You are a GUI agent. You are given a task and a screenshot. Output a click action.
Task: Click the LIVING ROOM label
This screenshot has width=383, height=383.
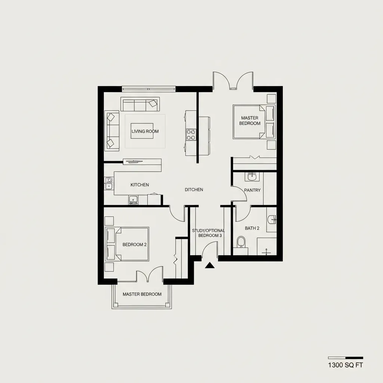tap(145, 131)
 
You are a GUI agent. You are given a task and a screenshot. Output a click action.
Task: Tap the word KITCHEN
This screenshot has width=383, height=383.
tap(140, 185)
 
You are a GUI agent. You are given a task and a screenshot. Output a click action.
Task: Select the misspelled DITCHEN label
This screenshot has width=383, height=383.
tap(194, 190)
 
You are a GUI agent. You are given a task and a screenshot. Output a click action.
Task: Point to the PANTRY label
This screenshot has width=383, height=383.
tap(252, 190)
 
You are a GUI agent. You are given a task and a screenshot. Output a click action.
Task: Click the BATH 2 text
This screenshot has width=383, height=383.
tap(252, 228)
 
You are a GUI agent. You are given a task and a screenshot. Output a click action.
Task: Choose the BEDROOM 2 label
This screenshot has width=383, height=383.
tap(134, 245)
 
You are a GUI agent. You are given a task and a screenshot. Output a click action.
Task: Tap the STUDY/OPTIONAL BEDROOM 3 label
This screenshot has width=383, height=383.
tap(208, 233)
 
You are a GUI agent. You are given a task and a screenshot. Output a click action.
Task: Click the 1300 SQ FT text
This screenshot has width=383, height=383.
tap(345, 365)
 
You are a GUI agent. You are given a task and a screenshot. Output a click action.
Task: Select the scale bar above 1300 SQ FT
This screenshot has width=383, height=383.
tap(345, 358)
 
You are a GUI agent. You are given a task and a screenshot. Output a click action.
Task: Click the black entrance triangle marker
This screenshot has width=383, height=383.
tap(210, 266)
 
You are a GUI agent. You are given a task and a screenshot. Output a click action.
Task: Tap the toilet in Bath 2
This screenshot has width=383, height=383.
tap(241, 242)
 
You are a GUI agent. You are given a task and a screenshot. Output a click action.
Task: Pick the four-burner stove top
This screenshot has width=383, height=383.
tap(191, 135)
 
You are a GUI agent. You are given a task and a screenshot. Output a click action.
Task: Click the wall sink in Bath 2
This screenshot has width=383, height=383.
tap(272, 219)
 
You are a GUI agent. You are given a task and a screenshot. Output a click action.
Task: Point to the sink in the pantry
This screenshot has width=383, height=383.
tap(252, 176)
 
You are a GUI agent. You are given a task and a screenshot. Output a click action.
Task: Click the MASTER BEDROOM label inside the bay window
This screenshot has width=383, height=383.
tap(142, 294)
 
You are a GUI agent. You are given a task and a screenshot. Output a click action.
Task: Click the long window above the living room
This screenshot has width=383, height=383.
tap(148, 89)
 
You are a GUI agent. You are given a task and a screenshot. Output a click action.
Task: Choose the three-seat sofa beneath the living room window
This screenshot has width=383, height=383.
tap(140, 104)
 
